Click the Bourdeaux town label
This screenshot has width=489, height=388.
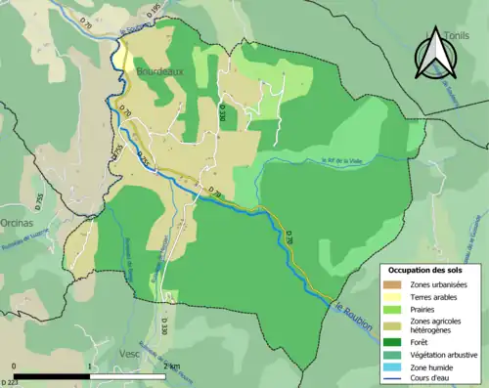tap(159, 72)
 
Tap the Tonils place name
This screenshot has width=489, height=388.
tap(455, 35)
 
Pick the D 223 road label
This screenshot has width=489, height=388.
tap(11, 381)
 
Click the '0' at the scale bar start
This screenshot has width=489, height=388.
tap(16, 366)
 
